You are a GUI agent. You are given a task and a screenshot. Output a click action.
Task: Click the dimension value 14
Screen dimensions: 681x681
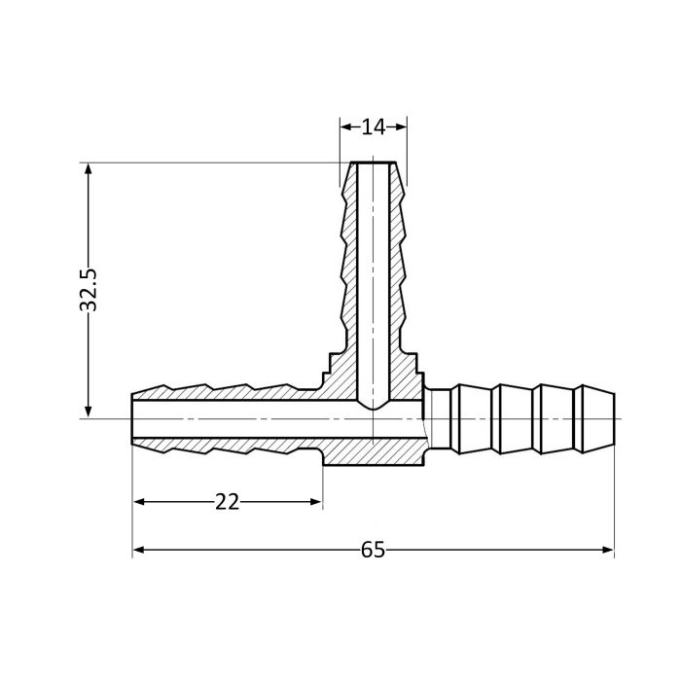(373, 125)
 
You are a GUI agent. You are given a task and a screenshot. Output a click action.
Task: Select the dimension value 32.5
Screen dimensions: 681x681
(90, 290)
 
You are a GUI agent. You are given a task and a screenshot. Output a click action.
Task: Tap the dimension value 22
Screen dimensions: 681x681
(227, 502)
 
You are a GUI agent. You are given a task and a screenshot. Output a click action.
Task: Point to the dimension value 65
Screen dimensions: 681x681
(373, 551)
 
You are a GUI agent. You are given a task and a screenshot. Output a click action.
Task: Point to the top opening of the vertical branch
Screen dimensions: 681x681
(373, 163)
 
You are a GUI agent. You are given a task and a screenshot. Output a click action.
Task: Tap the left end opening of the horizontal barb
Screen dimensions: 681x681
(133, 419)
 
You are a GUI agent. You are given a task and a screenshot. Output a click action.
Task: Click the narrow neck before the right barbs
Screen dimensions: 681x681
(439, 419)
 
